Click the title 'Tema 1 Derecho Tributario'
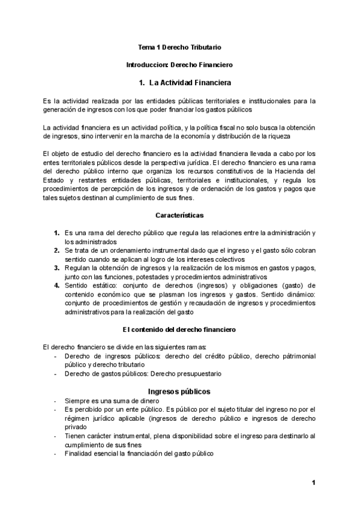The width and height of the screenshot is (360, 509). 179,46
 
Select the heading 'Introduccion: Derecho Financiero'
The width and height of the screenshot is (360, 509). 179,63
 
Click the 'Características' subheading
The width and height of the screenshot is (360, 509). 179,215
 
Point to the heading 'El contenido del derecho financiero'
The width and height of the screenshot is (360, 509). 179,330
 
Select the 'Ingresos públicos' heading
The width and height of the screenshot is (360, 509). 179,391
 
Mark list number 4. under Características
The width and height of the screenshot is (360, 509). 56,285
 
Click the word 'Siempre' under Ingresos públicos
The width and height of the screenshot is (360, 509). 77,401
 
